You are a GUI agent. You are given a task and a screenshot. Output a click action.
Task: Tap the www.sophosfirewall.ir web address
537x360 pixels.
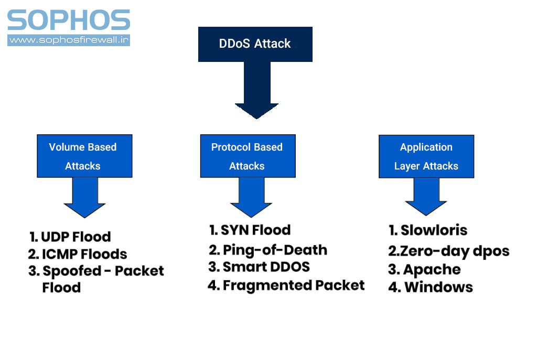69,40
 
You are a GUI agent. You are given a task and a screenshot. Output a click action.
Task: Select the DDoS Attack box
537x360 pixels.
255,44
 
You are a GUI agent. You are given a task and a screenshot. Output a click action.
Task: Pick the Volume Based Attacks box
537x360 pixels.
84,156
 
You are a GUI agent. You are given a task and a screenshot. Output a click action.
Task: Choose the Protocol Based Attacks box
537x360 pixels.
248,156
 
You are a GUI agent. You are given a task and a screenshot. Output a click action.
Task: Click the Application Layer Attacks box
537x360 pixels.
426,156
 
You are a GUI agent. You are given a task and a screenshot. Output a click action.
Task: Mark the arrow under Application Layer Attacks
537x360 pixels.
426,197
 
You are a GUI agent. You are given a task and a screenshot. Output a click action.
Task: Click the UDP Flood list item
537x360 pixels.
70,237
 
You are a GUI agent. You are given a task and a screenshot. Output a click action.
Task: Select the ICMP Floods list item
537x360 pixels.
78,255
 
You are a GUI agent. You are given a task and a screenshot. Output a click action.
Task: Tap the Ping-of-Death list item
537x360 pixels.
268,250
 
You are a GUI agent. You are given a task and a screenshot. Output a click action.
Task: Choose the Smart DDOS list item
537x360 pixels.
259,267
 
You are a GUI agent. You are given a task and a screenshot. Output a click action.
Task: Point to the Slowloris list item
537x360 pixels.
428,230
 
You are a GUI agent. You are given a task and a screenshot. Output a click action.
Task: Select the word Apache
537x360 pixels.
432,270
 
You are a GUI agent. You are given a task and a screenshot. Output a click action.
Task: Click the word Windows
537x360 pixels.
438,288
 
